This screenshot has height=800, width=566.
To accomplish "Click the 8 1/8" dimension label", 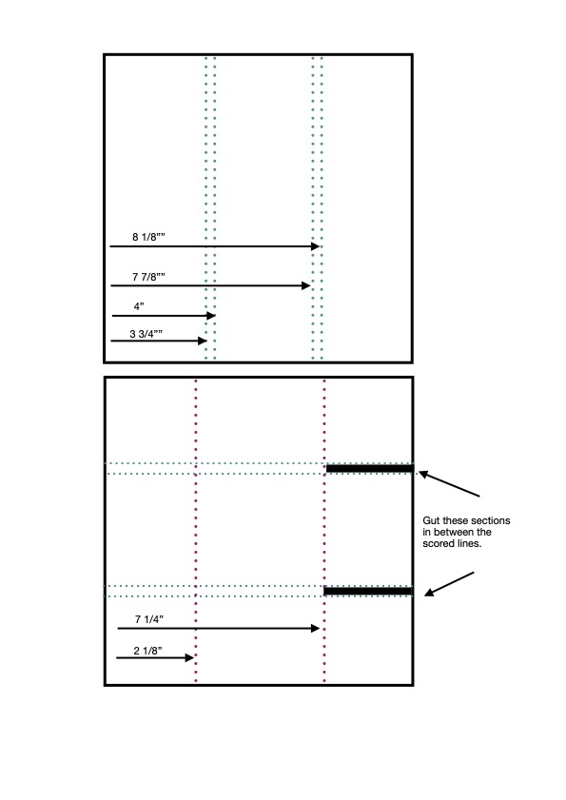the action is (148, 237).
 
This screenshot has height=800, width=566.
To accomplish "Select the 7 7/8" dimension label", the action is (148, 277).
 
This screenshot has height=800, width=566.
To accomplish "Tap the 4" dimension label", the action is (139, 306).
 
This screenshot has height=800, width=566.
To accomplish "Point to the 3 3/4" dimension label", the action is (146, 334).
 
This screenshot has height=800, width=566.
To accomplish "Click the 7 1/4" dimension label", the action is (149, 619).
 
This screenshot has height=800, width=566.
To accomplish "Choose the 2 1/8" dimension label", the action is (148, 651).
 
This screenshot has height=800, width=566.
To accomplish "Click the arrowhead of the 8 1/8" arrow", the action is (316, 246).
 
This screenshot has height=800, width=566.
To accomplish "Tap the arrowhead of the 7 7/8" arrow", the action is (306, 285).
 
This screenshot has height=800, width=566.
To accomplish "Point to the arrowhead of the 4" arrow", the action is (211, 316).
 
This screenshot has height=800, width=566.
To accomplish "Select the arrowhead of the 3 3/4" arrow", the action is (202, 341).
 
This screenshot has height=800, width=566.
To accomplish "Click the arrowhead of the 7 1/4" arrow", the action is (316, 628).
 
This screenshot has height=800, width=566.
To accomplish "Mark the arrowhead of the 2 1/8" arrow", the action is (189, 657).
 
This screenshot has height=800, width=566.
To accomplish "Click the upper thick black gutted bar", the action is (370, 468).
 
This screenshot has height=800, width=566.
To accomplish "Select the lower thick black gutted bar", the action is (368, 592).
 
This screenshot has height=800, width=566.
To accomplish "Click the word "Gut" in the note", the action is (431, 520).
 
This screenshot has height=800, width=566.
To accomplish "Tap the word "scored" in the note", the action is (437, 544).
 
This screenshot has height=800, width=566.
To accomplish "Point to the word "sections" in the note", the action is (491, 520).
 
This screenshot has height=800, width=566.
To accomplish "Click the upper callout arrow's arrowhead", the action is (423, 475).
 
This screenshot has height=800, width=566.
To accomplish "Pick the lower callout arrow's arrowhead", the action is (430, 593).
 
